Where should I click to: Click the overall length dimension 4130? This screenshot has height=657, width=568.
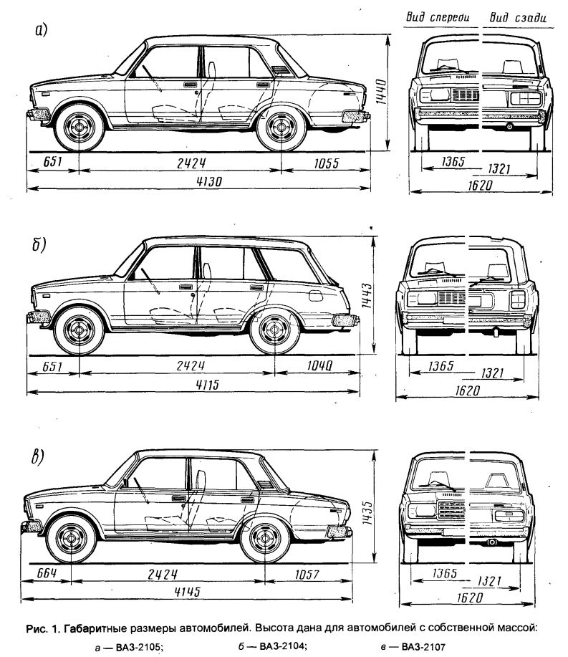(209, 181)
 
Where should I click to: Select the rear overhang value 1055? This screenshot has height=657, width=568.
(327, 163)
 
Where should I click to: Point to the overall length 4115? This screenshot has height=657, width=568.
(207, 384)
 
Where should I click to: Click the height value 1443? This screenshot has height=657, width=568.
(367, 295)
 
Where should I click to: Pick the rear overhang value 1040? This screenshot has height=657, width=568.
(319, 366)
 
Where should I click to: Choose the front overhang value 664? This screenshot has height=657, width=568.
(47, 572)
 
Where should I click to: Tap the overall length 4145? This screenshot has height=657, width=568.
(187, 592)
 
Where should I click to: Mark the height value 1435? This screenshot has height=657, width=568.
(367, 512)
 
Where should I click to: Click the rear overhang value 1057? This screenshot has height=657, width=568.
(307, 574)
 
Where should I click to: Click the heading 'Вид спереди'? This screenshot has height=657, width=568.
(438, 17)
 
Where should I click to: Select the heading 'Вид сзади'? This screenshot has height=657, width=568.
(518, 17)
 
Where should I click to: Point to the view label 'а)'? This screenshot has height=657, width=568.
(41, 30)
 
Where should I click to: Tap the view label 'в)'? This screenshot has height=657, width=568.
(38, 456)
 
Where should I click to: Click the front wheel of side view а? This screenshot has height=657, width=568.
(80, 127)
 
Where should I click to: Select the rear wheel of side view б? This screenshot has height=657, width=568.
(275, 330)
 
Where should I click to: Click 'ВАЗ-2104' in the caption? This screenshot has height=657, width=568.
(283, 646)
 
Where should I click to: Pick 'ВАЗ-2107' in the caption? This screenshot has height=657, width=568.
(423, 647)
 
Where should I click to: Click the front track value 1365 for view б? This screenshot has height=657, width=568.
(441, 367)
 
